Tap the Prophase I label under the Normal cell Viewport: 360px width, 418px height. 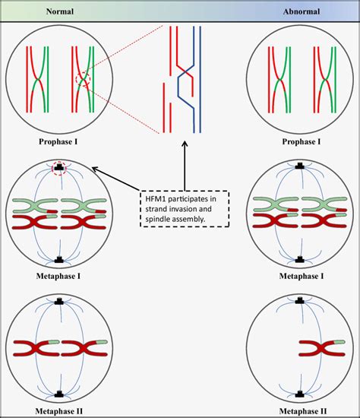[59, 141]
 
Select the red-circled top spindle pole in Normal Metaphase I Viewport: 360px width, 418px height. [59, 166]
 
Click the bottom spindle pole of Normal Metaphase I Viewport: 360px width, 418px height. [59, 258]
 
